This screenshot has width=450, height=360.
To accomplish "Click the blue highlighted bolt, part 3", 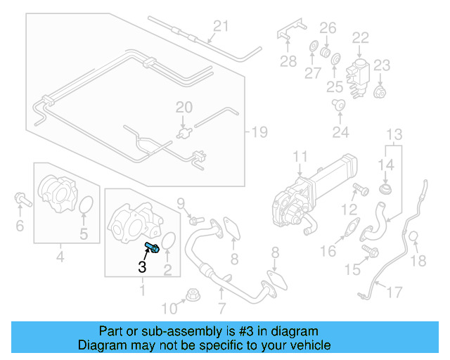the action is (152, 247).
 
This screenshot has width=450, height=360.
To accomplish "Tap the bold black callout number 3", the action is (142, 266).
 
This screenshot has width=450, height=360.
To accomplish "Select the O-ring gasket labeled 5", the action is (86, 205).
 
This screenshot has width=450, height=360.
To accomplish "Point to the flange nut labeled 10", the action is (193, 295).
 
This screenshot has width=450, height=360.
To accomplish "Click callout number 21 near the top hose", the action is (221, 26).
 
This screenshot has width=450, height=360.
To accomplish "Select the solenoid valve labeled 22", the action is (358, 78).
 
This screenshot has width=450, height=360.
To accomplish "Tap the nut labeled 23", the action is (380, 91).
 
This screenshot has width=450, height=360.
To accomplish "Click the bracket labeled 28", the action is (291, 30).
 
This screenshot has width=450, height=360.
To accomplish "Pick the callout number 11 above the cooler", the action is (300, 157).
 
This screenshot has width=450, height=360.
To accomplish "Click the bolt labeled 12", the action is (361, 189).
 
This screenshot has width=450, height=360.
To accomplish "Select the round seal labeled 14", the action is (386, 189).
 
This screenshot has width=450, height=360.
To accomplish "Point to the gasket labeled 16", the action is (352, 226).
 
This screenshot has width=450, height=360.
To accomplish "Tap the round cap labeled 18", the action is (413, 237).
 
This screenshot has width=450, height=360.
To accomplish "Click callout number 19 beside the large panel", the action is (259, 132).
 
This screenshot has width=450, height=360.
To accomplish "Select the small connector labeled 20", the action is (184, 133).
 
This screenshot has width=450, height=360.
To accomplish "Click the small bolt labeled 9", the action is (196, 221).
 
